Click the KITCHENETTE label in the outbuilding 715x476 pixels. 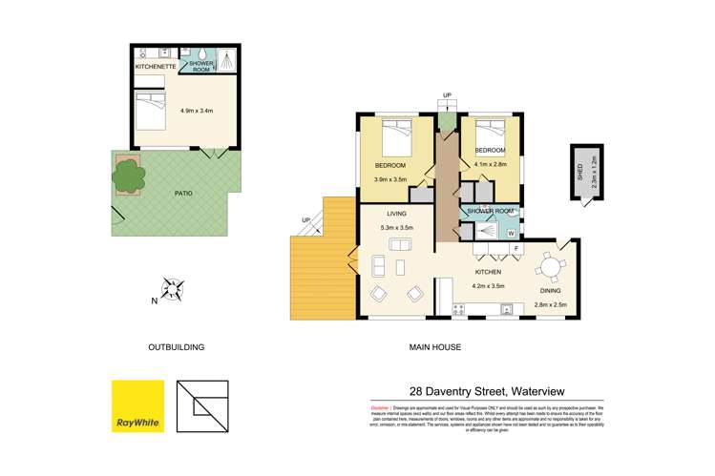154,67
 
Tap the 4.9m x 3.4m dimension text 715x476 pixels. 196,110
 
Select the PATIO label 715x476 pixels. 182,193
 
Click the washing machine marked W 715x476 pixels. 511,233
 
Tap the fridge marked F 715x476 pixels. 516,249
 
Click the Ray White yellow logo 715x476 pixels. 137,405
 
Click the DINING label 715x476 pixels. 551,292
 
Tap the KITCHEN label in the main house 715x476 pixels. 490,272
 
